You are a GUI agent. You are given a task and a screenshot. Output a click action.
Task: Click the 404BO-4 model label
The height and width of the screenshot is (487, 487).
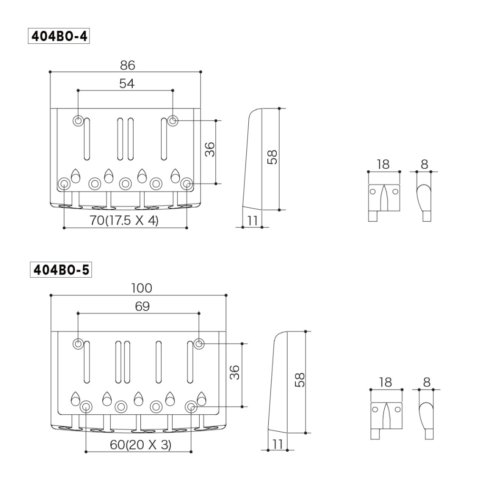click(x=58, y=36)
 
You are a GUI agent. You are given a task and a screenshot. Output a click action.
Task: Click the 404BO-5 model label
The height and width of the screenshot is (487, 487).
click(x=61, y=270)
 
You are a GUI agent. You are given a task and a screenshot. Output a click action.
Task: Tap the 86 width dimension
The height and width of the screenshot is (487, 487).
click(x=127, y=65)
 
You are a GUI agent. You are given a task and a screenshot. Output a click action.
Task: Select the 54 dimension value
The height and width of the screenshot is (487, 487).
click(x=127, y=83)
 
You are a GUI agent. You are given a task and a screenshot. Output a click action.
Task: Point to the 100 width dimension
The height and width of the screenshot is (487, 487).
click(x=141, y=288)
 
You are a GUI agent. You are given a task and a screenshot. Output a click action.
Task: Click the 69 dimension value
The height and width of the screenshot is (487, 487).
click(x=142, y=307)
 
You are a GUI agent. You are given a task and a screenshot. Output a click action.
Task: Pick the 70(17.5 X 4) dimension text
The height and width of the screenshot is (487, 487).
click(x=124, y=221)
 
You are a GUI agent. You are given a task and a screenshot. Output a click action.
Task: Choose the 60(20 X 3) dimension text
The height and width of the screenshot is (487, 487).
click(x=140, y=445)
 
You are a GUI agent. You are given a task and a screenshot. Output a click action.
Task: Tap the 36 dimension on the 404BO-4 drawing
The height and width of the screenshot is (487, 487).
click(x=210, y=149)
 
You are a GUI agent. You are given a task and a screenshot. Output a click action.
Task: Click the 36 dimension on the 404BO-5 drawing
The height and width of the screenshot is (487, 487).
click(x=235, y=372)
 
